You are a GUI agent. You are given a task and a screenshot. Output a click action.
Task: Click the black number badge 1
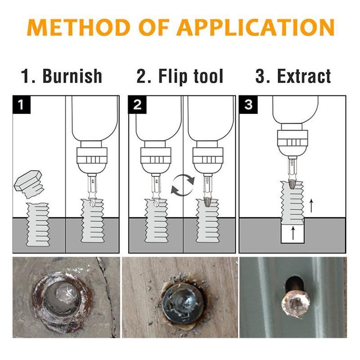coord(20,105)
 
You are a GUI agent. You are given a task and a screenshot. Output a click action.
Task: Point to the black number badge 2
coord(137,105)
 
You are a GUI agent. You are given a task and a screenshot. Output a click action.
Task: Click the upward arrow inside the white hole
coord(293,233)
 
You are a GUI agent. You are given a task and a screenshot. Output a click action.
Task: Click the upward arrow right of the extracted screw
coord(311,206)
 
